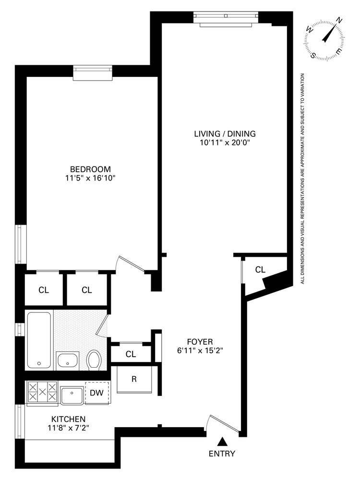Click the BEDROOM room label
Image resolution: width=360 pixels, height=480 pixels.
(90, 169)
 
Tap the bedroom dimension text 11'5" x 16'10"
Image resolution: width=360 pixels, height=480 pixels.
(90, 178)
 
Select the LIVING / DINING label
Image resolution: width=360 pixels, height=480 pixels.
(225, 133)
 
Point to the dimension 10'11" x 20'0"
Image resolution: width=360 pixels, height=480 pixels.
(225, 143)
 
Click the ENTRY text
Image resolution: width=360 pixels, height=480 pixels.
(222, 453)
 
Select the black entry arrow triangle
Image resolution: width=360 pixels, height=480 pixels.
(222, 441)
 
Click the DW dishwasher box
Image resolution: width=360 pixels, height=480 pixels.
(97, 393)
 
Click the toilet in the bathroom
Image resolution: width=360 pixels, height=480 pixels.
(94, 359)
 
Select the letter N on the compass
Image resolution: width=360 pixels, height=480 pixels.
(339, 20)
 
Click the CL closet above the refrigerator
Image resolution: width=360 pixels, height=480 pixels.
(131, 354)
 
